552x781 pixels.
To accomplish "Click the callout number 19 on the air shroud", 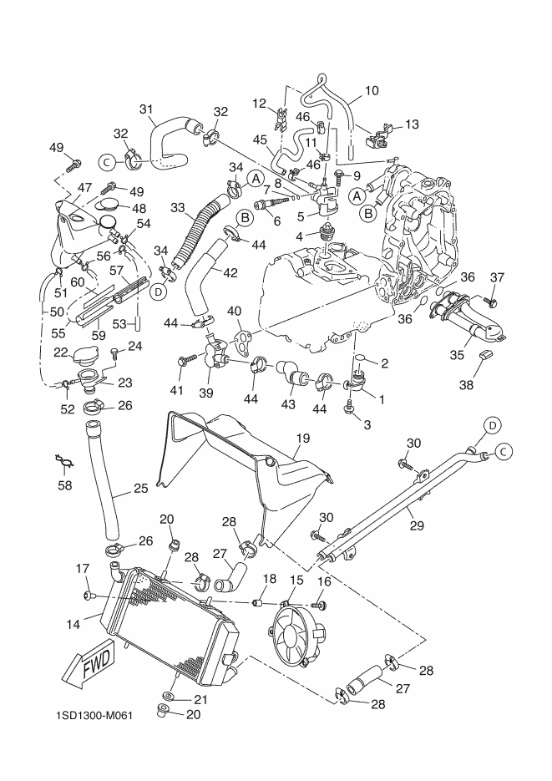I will (302, 437).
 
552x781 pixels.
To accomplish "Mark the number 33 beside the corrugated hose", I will (177, 207).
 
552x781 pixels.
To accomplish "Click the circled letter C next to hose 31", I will (107, 161).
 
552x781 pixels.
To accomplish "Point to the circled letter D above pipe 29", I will (493, 426).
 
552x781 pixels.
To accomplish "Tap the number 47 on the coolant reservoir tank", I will (86, 187).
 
